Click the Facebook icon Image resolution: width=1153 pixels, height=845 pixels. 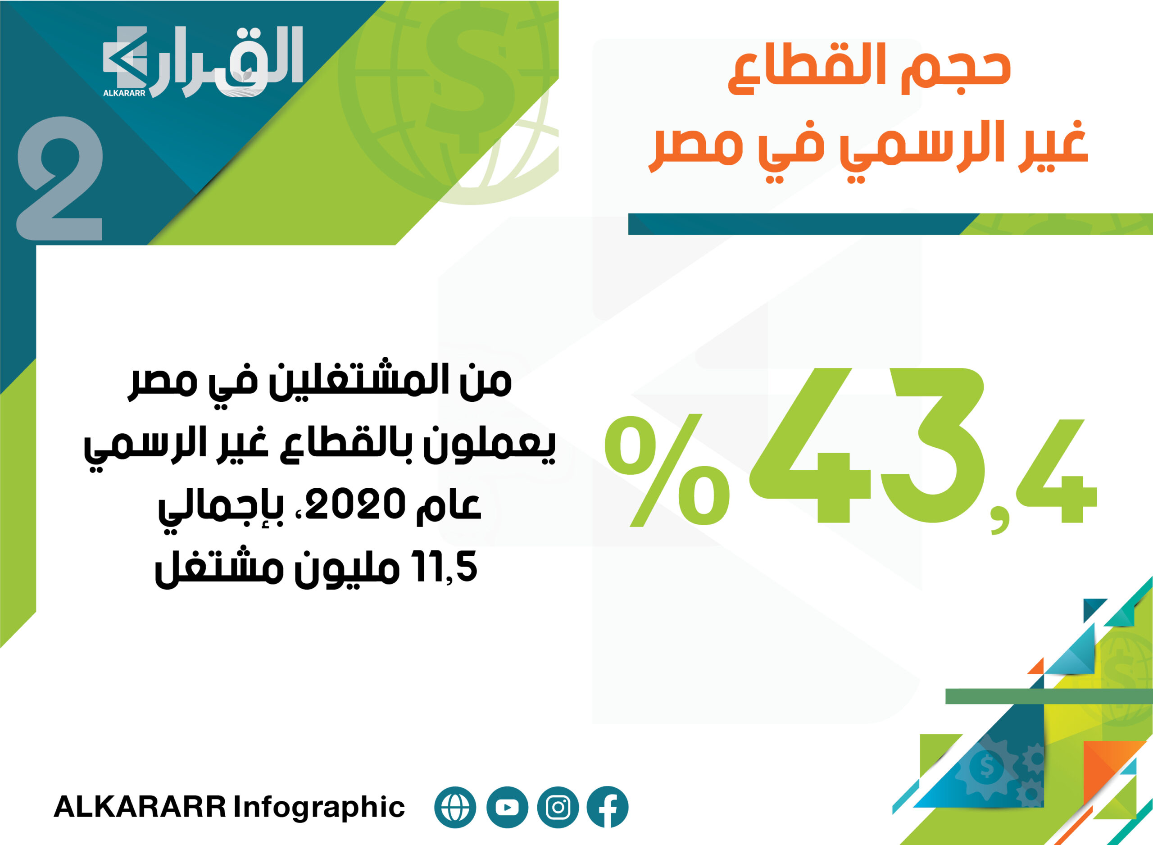pyautogui.click(x=608, y=807)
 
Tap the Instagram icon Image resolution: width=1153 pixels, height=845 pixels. pyautogui.click(x=558, y=807)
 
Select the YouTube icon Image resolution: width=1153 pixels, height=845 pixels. pyautogui.click(x=507, y=807)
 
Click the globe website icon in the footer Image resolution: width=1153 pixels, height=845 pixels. pyautogui.click(x=455, y=807)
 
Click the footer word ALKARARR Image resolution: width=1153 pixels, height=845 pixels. pyautogui.click(x=140, y=807)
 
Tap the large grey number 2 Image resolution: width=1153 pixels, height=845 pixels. pyautogui.click(x=60, y=178)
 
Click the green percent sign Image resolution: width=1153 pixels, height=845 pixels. pyautogui.click(x=667, y=470)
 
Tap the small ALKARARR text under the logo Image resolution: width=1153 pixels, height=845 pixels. pyautogui.click(x=124, y=93)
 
